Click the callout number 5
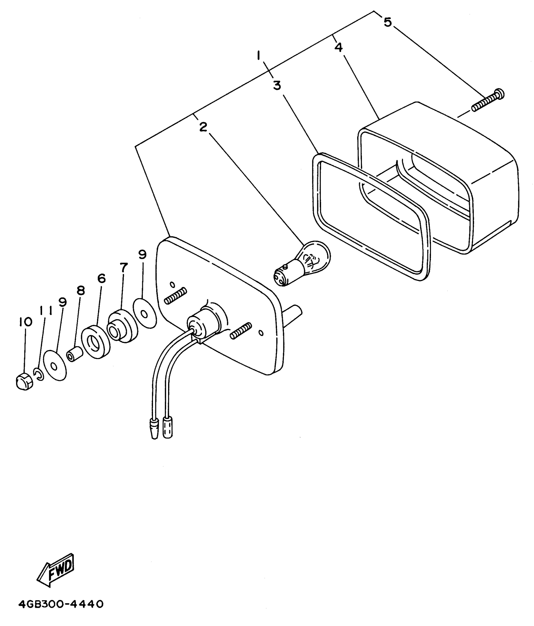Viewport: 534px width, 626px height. pos(388,22)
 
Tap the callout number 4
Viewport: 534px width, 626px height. pos(339,47)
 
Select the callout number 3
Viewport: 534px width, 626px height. pos(277,85)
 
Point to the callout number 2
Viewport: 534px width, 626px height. pos(203,127)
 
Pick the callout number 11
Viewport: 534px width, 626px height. pos(46,311)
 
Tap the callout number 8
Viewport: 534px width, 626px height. pos(81,291)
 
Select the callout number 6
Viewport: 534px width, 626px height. pos(101,278)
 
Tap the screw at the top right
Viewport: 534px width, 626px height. pos(488,101)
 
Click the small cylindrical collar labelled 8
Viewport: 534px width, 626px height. pos(74,355)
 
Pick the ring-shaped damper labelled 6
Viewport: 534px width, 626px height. pos(95,342)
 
